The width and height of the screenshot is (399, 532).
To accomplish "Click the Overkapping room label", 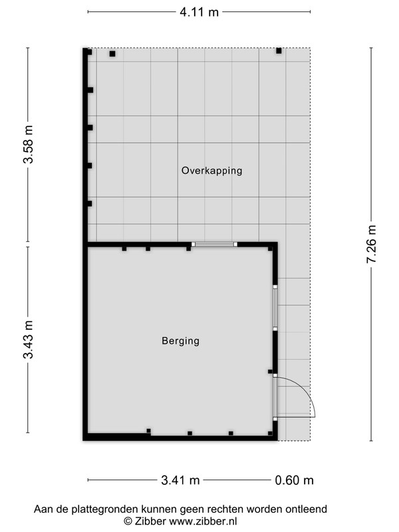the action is click(x=211, y=170).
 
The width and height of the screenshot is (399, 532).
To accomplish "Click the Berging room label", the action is click(x=180, y=340).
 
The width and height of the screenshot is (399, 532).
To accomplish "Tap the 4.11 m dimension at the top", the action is click(x=199, y=12).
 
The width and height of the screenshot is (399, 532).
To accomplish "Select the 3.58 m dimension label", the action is click(x=29, y=144).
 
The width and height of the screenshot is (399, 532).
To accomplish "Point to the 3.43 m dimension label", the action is click(x=29, y=340).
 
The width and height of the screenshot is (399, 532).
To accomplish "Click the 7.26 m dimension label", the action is click(x=372, y=244).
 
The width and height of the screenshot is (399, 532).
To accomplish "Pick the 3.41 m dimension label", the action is click(x=180, y=480).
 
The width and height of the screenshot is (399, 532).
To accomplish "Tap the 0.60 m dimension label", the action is click(x=294, y=480).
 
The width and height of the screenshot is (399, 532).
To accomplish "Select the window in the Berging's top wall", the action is click(x=214, y=244).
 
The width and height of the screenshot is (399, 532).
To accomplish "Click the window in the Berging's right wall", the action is click(x=275, y=308).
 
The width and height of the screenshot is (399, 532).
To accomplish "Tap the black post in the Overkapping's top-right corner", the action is click(x=279, y=51).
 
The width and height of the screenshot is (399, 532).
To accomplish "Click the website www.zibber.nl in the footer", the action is click(x=203, y=521).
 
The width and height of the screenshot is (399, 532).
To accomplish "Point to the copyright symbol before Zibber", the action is click(x=128, y=521).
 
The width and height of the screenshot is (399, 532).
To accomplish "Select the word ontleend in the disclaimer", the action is click(x=307, y=509).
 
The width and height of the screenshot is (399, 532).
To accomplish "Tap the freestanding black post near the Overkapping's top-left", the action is click(x=112, y=54).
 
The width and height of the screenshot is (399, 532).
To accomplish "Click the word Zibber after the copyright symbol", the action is click(x=150, y=521).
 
